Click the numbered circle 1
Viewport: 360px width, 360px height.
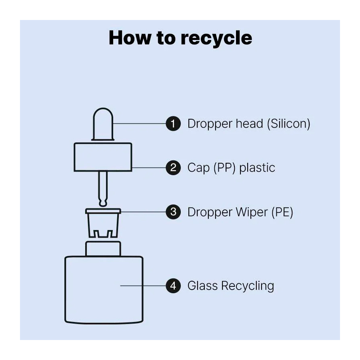click(173, 124)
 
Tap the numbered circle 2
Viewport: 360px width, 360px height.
click(173, 167)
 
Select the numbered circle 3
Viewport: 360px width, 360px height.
click(173, 212)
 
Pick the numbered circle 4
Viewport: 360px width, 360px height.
click(173, 286)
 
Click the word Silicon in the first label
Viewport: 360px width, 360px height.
click(288, 124)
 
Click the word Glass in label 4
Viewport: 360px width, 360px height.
click(202, 286)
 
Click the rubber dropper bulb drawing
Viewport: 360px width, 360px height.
click(103, 124)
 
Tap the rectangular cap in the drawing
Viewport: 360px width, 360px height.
click(103, 157)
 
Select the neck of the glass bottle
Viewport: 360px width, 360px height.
click(103, 248)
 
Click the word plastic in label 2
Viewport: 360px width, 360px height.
click(257, 167)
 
